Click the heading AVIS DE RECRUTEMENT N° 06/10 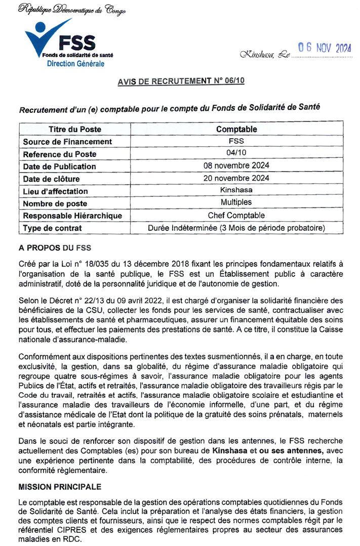(x=181, y=81)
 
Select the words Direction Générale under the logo (x=75, y=64)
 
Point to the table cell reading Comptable (x=236, y=130)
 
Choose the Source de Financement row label (x=68, y=142)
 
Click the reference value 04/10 (x=236, y=154)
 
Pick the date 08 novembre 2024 (x=236, y=166)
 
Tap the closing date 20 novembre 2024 (x=236, y=178)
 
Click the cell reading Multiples (x=236, y=203)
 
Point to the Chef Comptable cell (x=236, y=216)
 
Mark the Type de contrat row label (x=52, y=228)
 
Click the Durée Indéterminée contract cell (x=236, y=228)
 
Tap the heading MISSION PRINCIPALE (x=60, y=487)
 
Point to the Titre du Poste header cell (x=75, y=130)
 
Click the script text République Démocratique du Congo (x=72, y=10)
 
